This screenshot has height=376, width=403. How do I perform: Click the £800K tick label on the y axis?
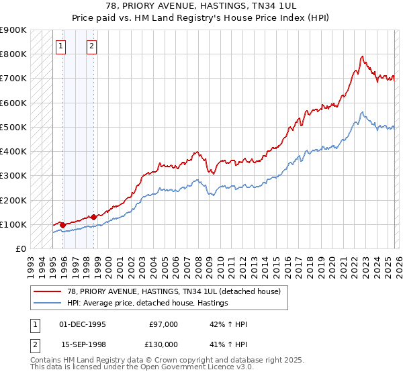pyautogui.click(x=13, y=54)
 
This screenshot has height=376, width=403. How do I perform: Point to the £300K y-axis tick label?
pyautogui.click(x=13, y=176)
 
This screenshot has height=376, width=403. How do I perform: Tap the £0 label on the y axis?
pyautogui.click(x=20, y=249)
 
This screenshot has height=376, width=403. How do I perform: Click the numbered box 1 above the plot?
pyautogui.click(x=61, y=46)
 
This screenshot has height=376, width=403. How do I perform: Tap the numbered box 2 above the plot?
pyautogui.click(x=91, y=46)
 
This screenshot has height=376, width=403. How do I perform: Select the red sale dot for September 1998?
pyautogui.click(x=93, y=217)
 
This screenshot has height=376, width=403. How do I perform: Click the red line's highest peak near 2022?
pyautogui.click(x=362, y=56)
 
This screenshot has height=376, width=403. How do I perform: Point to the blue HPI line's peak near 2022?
pyautogui.click(x=362, y=112)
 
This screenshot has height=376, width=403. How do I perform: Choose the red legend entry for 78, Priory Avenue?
pyautogui.click(x=161, y=291)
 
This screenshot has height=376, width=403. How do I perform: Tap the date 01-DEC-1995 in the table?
pyautogui.click(x=83, y=324)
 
